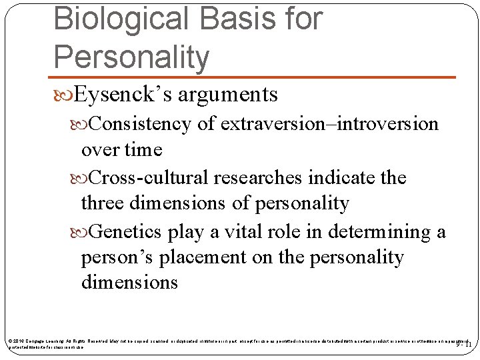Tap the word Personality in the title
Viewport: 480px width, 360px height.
point(131,57)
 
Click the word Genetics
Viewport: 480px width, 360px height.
point(126,231)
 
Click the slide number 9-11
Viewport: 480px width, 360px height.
point(463,345)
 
